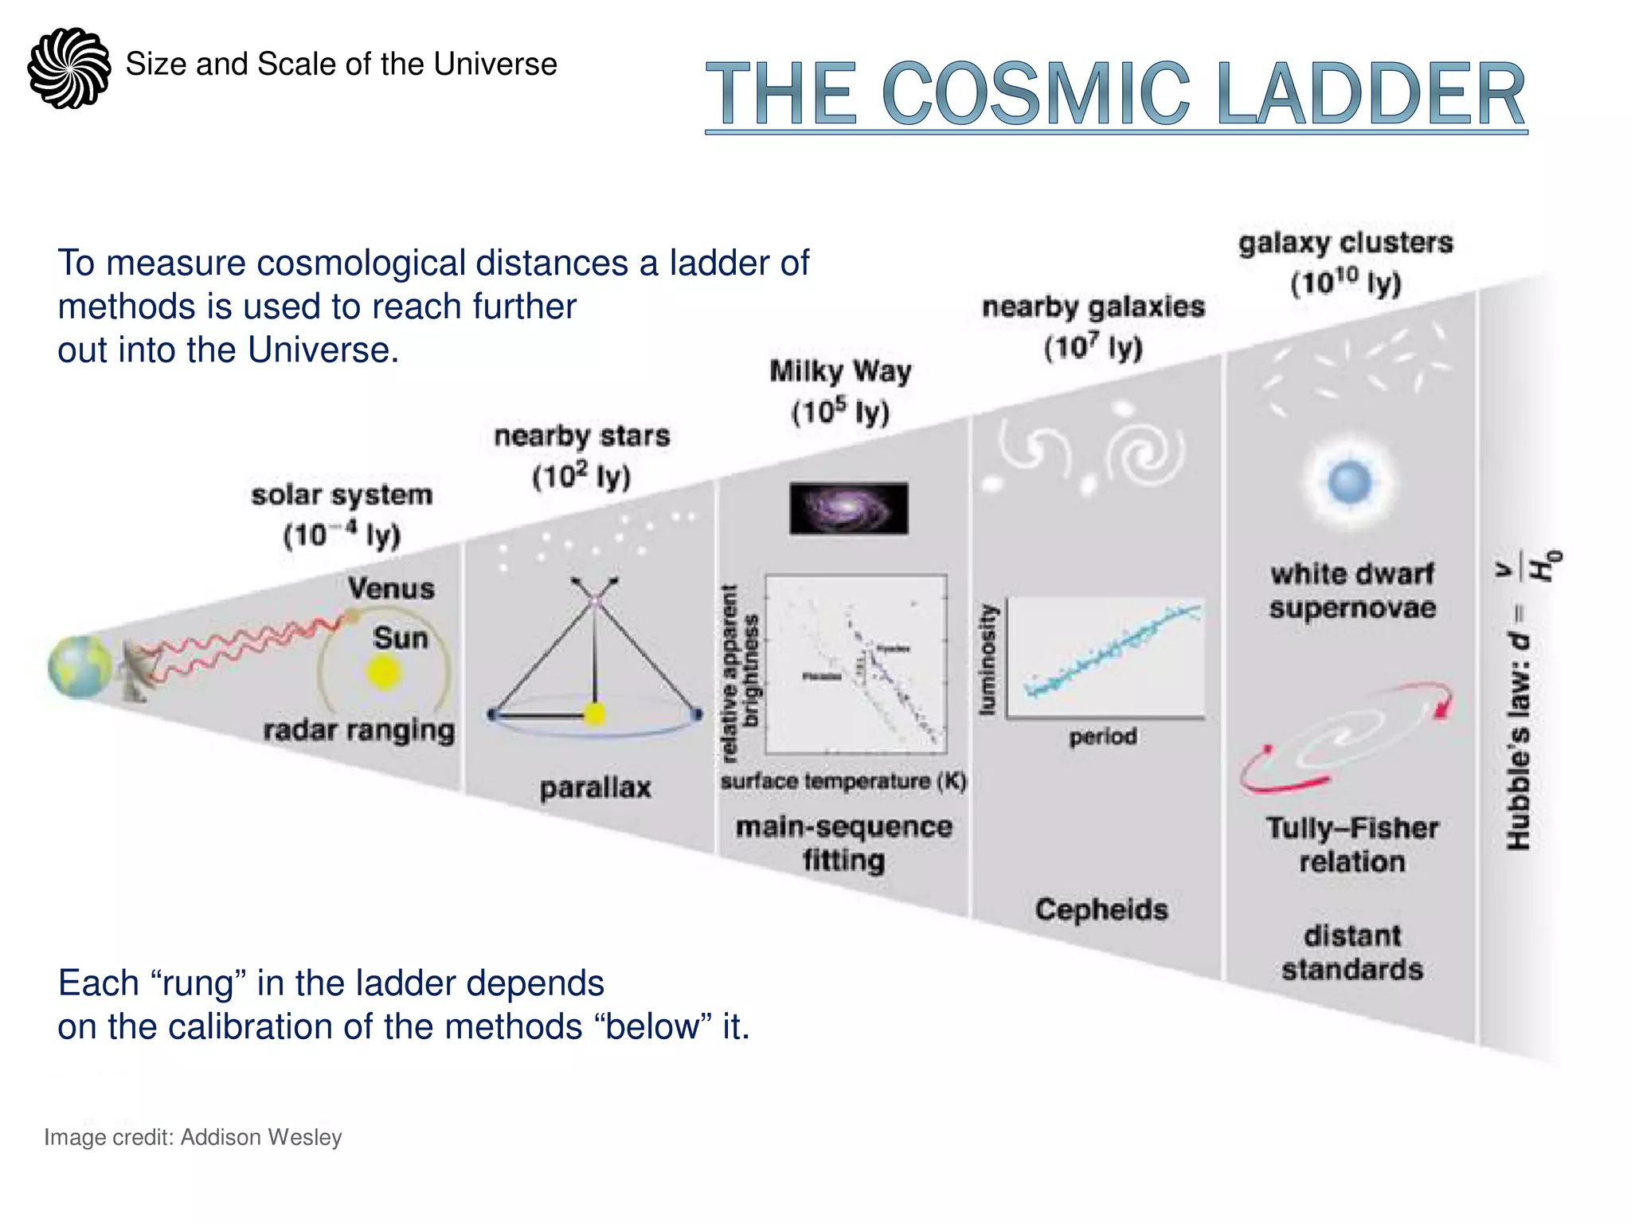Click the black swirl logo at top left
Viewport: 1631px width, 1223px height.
[69, 68]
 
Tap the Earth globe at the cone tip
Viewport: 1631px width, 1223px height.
[80, 667]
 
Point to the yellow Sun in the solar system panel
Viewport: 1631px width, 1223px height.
[383, 673]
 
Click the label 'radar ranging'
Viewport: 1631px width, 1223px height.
[359, 730]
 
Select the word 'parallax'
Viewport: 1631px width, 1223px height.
[595, 788]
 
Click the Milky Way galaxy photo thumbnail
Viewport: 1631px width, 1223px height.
[848, 508]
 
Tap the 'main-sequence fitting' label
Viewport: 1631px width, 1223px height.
[843, 843]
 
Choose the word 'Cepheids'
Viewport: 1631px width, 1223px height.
[1101, 909]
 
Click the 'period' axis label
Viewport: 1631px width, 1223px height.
[1102, 737]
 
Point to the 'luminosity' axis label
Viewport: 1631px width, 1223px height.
[988, 660]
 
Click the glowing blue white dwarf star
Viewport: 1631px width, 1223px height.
[1350, 482]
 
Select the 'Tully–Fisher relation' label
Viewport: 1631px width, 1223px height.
[1352, 845]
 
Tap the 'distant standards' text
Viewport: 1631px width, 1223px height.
[1352, 952]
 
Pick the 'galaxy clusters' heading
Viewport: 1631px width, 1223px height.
[1345, 243]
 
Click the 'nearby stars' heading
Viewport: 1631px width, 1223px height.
[581, 436]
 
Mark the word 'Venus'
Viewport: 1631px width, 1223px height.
[391, 589]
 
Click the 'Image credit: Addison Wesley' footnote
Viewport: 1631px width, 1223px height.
[193, 1137]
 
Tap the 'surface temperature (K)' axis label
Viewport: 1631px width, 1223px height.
[843, 781]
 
